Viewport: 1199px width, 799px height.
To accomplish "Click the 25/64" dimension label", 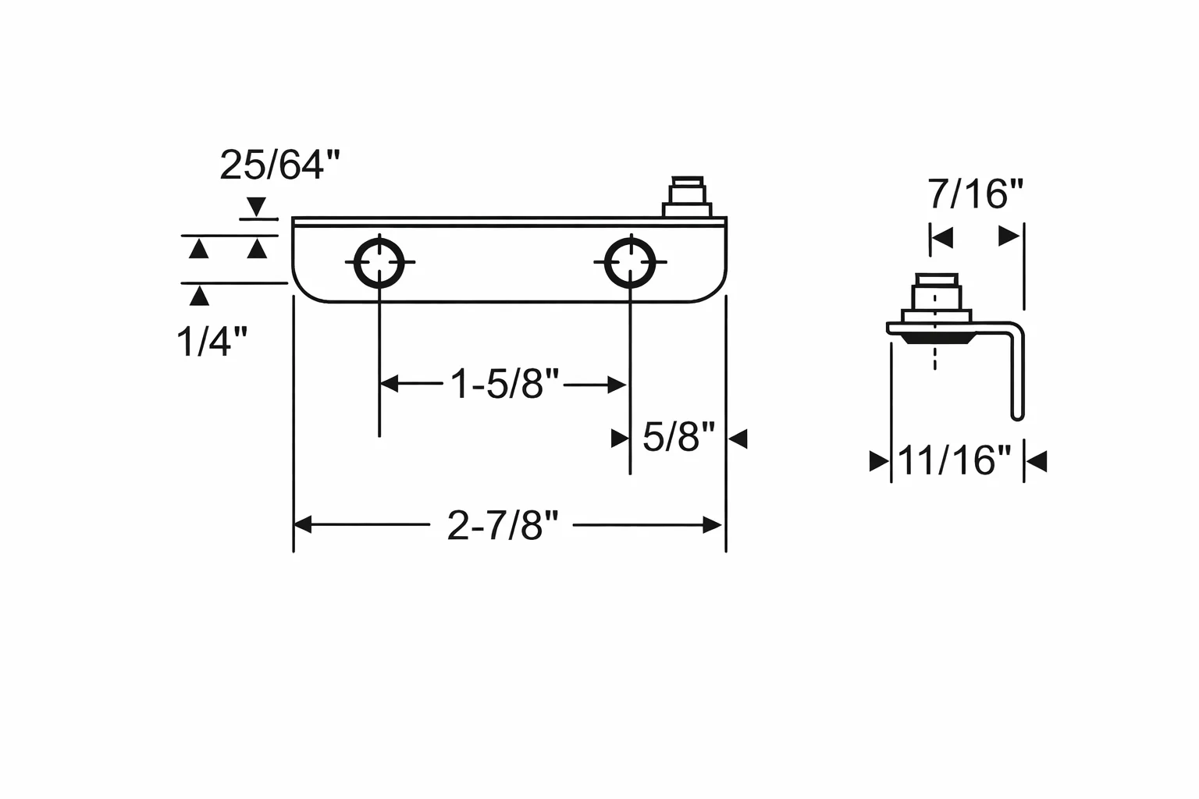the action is [279, 165].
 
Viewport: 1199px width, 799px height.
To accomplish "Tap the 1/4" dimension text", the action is [212, 342].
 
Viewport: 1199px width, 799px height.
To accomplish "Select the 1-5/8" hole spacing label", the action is [504, 384].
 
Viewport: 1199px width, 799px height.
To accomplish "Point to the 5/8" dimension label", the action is [678, 437].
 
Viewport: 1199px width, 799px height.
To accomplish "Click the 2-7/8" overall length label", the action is [503, 526].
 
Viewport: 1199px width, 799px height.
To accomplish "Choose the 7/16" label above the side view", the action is [975, 194].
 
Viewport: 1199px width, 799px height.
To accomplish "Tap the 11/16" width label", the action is [955, 460].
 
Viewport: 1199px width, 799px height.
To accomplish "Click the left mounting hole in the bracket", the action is [379, 262].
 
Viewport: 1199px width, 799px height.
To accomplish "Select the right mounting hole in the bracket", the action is [630, 262].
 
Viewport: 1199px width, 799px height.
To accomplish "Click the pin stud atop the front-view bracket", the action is [687, 197].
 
